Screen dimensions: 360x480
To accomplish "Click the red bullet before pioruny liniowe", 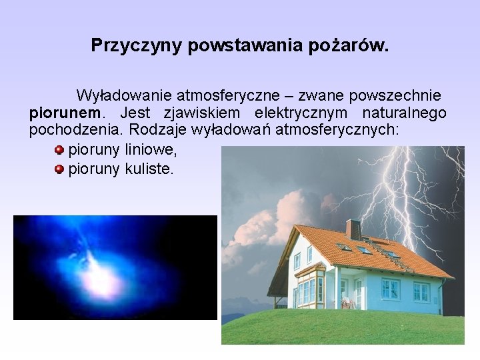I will coord(59,150).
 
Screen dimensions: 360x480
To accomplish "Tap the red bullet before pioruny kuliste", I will coord(59,169).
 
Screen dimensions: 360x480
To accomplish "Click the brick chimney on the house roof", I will coord(353,229).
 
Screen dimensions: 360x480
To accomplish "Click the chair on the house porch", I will coord(347,302).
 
